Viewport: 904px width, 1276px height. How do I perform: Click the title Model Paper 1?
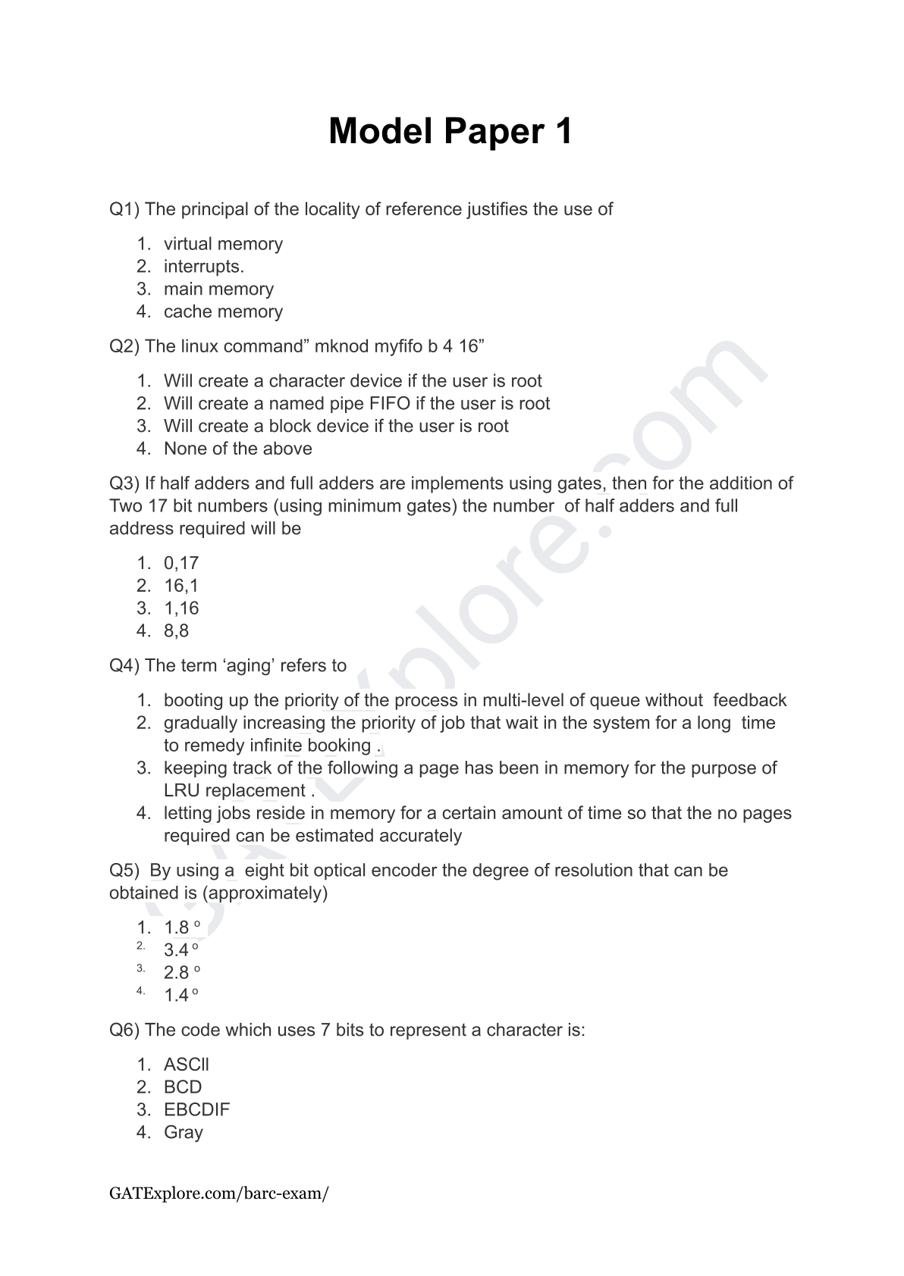pyautogui.click(x=450, y=132)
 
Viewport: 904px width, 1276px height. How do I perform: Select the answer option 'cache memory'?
pyautogui.click(x=223, y=311)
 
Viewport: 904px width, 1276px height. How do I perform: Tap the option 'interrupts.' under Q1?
pyautogui.click(x=203, y=267)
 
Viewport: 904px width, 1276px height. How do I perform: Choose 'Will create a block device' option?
pyautogui.click(x=336, y=426)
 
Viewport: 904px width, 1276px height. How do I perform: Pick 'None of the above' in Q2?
pyautogui.click(x=237, y=449)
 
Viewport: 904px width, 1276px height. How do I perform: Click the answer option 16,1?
pyautogui.click(x=180, y=586)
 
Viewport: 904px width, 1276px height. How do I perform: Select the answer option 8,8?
pyautogui.click(x=176, y=631)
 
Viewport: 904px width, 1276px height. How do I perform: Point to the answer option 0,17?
pyautogui.click(x=180, y=563)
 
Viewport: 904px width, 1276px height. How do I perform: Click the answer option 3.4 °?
pyautogui.click(x=181, y=950)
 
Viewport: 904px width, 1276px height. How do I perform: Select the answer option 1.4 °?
pyautogui.click(x=181, y=996)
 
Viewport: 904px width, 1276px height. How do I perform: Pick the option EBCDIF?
pyautogui.click(x=196, y=1110)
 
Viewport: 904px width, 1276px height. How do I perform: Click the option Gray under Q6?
pyautogui.click(x=183, y=1133)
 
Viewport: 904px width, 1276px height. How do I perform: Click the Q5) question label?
pyautogui.click(x=124, y=871)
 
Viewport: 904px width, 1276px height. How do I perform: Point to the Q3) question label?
pyautogui.click(x=124, y=483)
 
